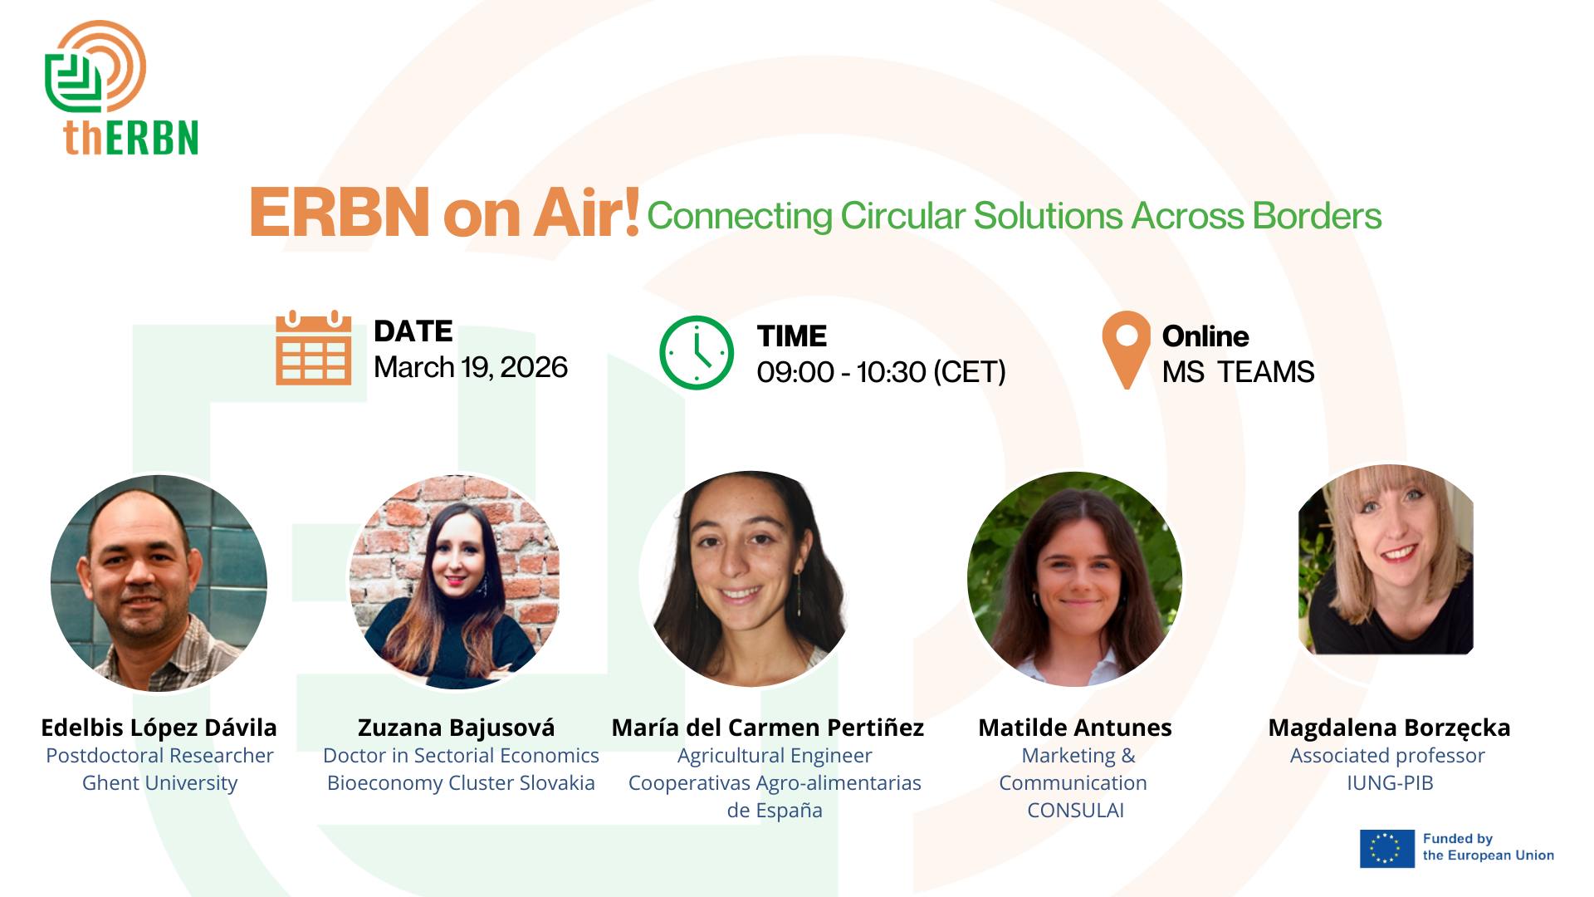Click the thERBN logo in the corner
tap(121, 88)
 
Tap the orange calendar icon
tap(314, 347)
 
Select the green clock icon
tap(697, 352)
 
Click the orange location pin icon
tap(1127, 350)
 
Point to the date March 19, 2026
tap(471, 367)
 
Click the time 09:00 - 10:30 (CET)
tap(881, 371)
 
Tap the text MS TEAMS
tap(1238, 371)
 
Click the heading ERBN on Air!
tap(444, 213)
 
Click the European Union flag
tap(1386, 848)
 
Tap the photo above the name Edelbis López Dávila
tap(159, 583)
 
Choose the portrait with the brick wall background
tap(454, 581)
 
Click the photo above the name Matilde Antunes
tap(1075, 579)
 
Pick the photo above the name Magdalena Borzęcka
tap(1386, 560)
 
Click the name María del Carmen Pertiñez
tap(768, 728)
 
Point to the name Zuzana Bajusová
tap(456, 728)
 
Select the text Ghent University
tap(159, 783)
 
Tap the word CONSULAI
tap(1075, 810)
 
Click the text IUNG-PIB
tap(1390, 782)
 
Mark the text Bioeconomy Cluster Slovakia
tap(461, 783)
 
